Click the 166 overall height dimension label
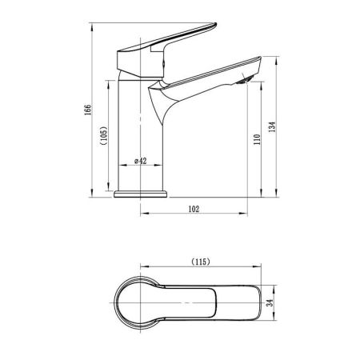(88, 110)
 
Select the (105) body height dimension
(104, 135)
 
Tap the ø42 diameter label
(141, 161)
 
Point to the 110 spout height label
(257, 139)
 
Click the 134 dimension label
(272, 127)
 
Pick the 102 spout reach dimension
(194, 209)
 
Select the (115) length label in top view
(201, 262)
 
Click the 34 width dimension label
(270, 302)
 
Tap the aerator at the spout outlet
(245, 79)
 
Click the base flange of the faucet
(141, 194)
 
